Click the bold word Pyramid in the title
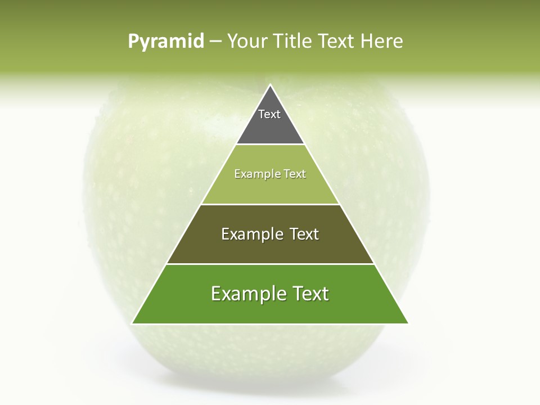pyautogui.click(x=166, y=42)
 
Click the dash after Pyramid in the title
pyautogui.click(x=215, y=42)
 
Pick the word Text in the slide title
pyautogui.click(x=337, y=41)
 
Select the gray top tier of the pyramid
pyautogui.click(x=270, y=127)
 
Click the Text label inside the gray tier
pyautogui.click(x=269, y=114)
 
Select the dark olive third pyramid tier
pyautogui.click(x=270, y=247)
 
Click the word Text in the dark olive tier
pyautogui.click(x=304, y=234)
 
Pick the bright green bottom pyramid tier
pyautogui.click(x=270, y=309)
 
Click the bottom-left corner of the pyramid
pyautogui.click(x=132, y=323)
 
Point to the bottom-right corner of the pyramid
pyautogui.click(x=408, y=323)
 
